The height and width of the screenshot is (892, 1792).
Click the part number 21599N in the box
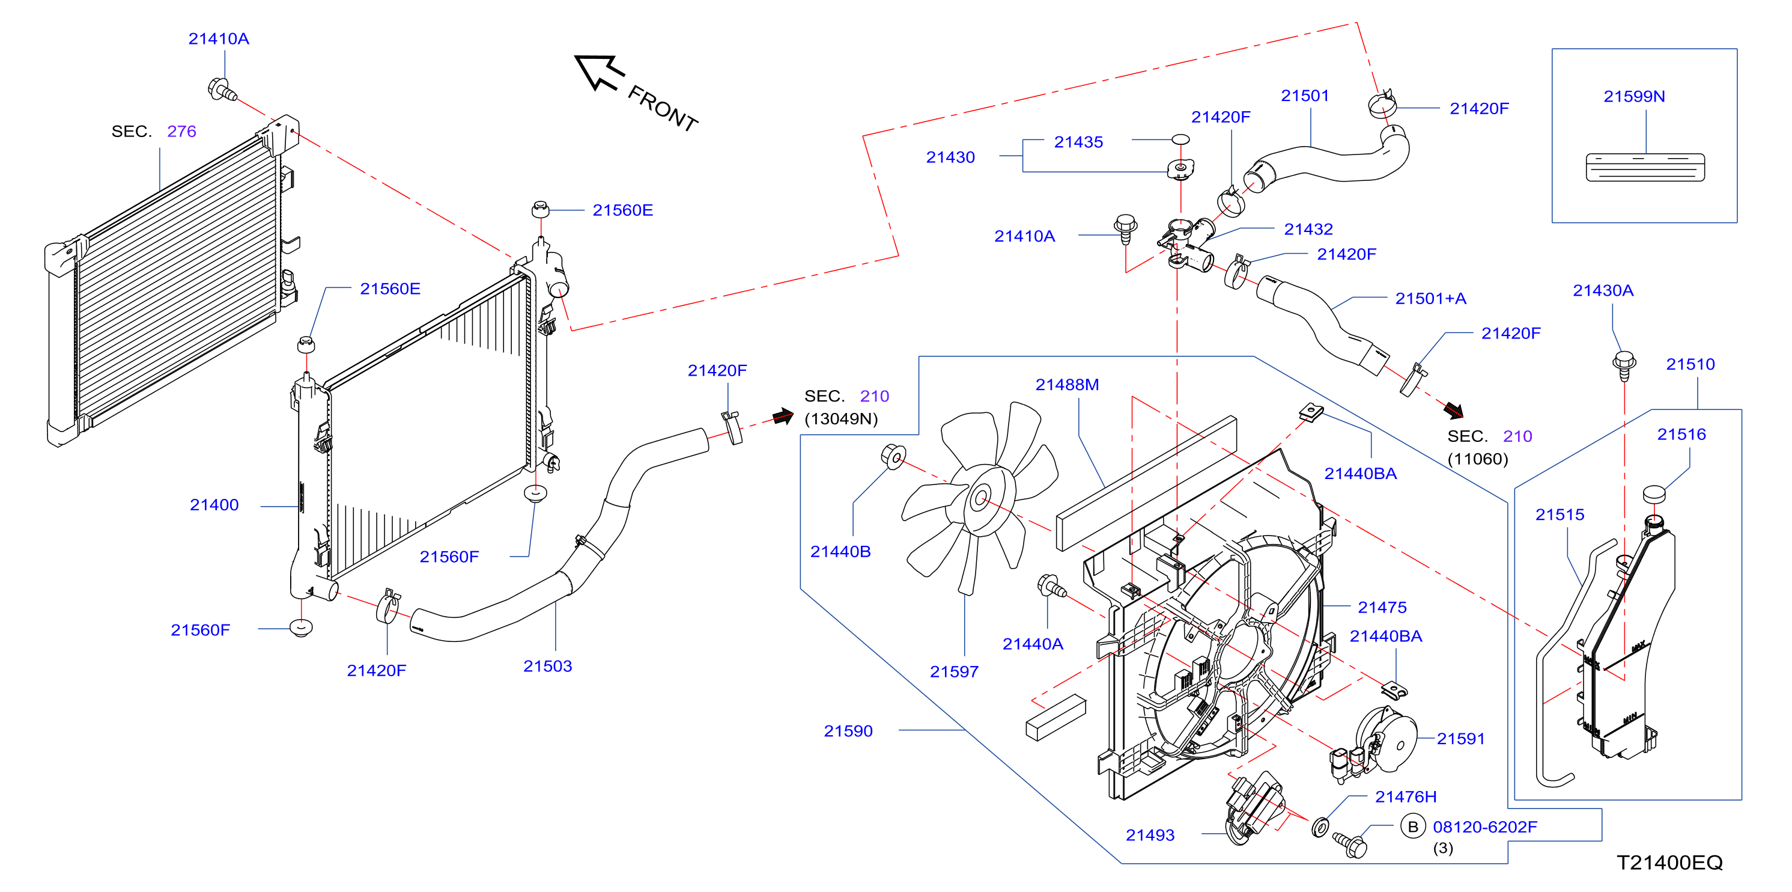(1633, 97)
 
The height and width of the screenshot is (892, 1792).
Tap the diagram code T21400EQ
(1669, 863)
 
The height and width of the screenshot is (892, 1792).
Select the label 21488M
(1067, 385)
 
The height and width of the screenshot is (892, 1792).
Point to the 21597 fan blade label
(954, 672)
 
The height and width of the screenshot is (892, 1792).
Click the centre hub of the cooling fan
(981, 498)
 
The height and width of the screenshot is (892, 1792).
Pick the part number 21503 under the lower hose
(547, 667)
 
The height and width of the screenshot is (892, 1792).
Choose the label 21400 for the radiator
(214, 505)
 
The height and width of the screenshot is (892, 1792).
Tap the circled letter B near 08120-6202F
(1413, 826)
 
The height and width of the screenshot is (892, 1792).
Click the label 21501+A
(1430, 299)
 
